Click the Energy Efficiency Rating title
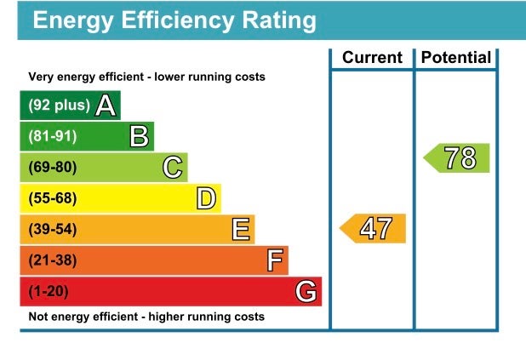(x=174, y=20)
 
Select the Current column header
(x=372, y=58)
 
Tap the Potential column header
(x=456, y=58)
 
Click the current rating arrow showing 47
(x=374, y=229)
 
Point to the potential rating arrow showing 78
(x=458, y=158)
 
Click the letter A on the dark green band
(x=106, y=106)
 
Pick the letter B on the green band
(x=140, y=136)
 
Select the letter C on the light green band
(x=173, y=168)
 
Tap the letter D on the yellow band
(x=206, y=199)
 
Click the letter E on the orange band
(x=241, y=230)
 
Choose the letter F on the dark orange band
(x=274, y=260)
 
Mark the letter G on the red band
(x=306, y=292)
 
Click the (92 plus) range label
(x=59, y=106)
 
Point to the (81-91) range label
(x=52, y=136)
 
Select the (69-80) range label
(x=52, y=168)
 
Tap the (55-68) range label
(x=52, y=199)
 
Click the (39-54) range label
(x=52, y=230)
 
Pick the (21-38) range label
(x=52, y=260)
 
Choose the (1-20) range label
(x=49, y=292)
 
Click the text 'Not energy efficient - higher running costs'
(x=146, y=317)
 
